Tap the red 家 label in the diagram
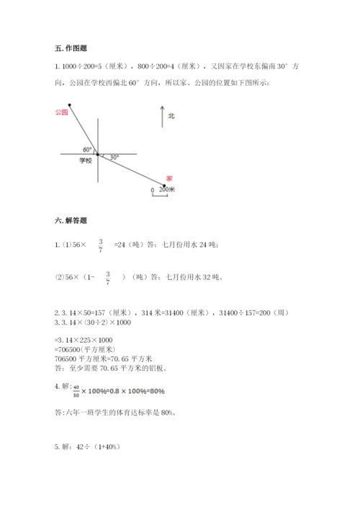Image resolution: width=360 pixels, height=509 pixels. (169, 177)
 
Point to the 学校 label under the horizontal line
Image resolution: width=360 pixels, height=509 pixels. (85, 161)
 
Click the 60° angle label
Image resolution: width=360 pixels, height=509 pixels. (87, 149)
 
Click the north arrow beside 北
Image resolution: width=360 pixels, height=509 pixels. (162, 117)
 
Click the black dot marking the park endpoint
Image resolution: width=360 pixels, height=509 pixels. (70, 105)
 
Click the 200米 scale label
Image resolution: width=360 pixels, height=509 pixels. (167, 190)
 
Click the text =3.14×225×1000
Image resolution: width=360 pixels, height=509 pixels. (84, 339)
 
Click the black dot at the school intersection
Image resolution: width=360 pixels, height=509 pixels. (97, 153)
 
